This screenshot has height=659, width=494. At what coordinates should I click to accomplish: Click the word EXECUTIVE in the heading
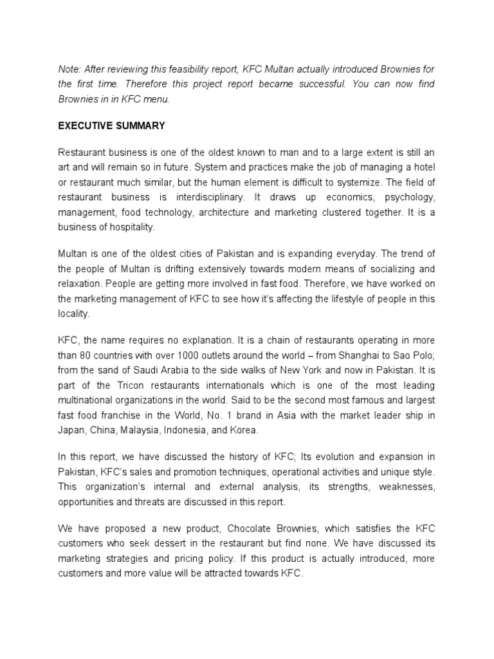tap(87, 126)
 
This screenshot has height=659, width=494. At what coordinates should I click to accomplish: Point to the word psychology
tap(409, 197)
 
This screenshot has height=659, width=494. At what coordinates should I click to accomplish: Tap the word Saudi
tap(152, 370)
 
